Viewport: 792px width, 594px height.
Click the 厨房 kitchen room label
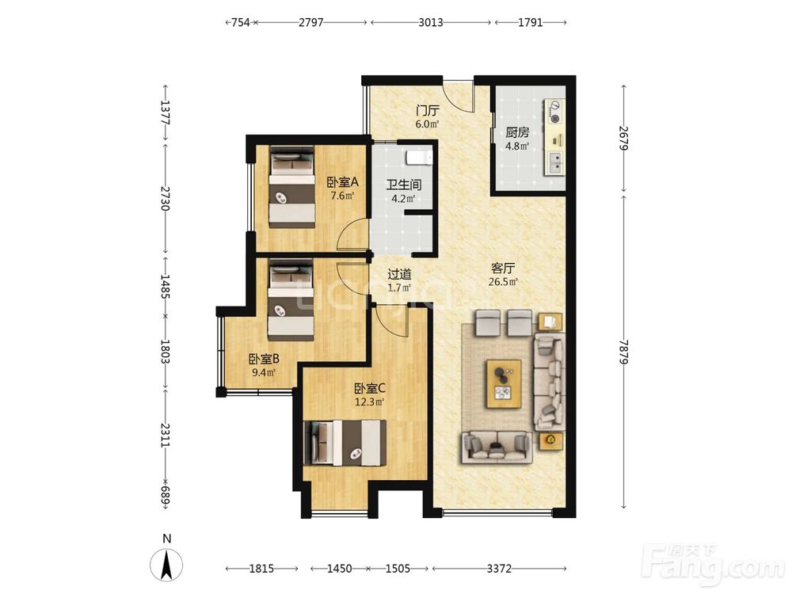click(x=517, y=132)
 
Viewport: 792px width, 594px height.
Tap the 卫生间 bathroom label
click(x=404, y=185)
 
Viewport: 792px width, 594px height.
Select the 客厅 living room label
click(x=503, y=268)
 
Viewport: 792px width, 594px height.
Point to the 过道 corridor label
click(x=399, y=274)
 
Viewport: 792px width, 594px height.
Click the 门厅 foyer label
click(x=428, y=110)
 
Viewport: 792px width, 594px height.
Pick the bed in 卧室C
click(x=345, y=443)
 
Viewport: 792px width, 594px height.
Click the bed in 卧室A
click(x=291, y=186)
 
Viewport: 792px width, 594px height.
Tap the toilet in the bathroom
click(x=420, y=157)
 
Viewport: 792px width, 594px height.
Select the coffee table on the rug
click(x=504, y=383)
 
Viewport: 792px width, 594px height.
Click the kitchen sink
click(x=554, y=162)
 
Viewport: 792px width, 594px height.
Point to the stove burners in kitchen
click(x=555, y=112)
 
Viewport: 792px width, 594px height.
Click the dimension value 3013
click(x=430, y=22)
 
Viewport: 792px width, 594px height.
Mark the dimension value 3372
click(x=499, y=569)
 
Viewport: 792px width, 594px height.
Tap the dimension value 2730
click(x=166, y=199)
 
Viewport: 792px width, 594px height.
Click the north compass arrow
click(x=166, y=565)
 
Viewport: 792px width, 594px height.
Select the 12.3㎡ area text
click(x=369, y=402)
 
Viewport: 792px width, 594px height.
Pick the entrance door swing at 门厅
click(x=458, y=97)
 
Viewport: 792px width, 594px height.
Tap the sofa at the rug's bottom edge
click(x=497, y=447)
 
